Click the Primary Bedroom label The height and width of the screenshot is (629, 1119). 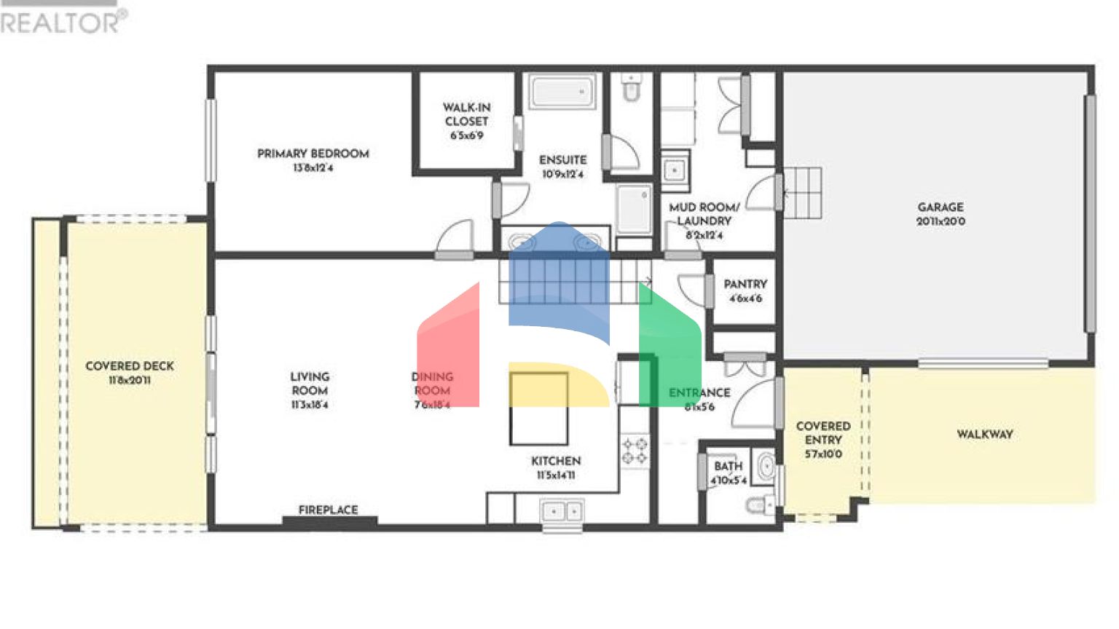[313, 154]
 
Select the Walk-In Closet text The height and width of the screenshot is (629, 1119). [466, 114]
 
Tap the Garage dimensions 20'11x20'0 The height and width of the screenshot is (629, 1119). [941, 221]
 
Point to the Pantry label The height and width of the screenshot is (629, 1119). [745, 284]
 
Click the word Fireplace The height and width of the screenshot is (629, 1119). [328, 510]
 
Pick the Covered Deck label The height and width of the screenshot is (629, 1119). [130, 366]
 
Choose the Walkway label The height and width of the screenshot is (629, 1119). [984, 434]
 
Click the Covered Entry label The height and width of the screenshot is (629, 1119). [823, 433]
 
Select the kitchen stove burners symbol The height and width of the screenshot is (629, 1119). [634, 451]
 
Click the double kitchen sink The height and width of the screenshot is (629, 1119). [562, 512]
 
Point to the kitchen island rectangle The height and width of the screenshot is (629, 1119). [538, 408]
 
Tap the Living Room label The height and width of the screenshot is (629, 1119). [310, 383]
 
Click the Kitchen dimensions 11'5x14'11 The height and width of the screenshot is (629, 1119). [556, 475]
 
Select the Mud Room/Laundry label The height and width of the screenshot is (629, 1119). [704, 214]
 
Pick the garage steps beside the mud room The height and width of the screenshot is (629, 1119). [802, 192]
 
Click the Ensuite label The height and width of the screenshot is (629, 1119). [562, 159]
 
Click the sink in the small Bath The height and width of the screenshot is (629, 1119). [765, 466]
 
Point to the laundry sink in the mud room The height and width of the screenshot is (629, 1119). [675, 171]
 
